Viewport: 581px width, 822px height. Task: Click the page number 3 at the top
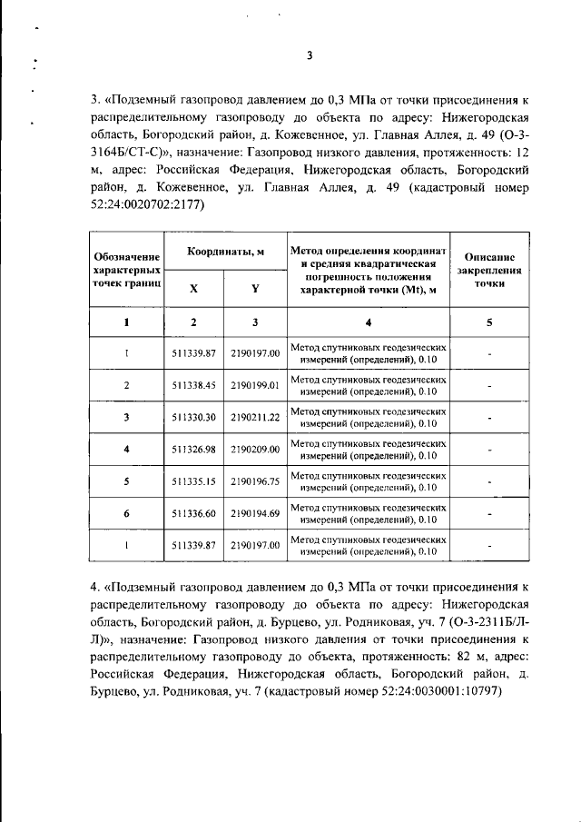click(x=309, y=55)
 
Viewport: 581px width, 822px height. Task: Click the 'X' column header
click(x=193, y=288)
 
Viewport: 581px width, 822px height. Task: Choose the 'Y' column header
click(x=255, y=288)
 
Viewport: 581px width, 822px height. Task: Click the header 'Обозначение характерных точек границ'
click(x=126, y=271)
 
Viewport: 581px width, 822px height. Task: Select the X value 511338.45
click(x=193, y=385)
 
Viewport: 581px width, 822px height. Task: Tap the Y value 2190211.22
click(x=255, y=418)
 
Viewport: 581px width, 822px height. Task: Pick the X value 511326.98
click(x=193, y=450)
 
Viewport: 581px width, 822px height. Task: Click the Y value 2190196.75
click(x=255, y=481)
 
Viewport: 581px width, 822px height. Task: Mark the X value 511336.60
click(x=193, y=514)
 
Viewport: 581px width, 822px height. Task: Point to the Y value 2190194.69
click(x=255, y=514)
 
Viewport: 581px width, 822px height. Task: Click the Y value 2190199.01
click(x=255, y=385)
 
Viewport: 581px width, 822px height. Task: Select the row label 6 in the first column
click(x=126, y=514)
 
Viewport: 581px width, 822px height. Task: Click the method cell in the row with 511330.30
click(x=369, y=418)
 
